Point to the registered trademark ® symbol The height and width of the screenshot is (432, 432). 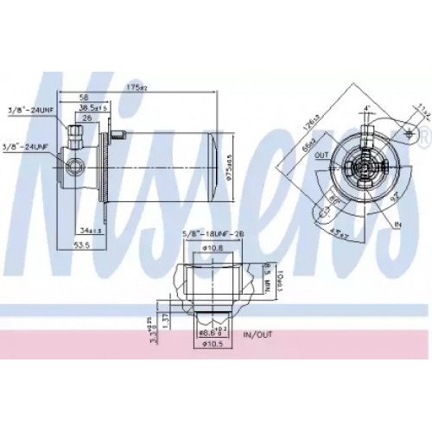pyautogui.click(x=423, y=132)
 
